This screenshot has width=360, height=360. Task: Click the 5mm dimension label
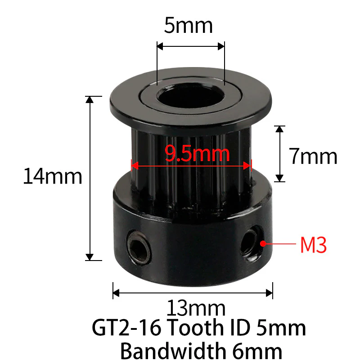188,26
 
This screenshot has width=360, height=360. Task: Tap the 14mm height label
53,176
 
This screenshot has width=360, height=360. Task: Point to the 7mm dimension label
313,156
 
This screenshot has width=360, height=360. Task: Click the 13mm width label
196,308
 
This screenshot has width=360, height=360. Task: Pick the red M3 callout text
313,245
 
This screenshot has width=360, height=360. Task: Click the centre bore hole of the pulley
190,96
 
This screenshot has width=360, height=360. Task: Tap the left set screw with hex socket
139,248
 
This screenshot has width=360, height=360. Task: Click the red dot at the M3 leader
263,243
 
